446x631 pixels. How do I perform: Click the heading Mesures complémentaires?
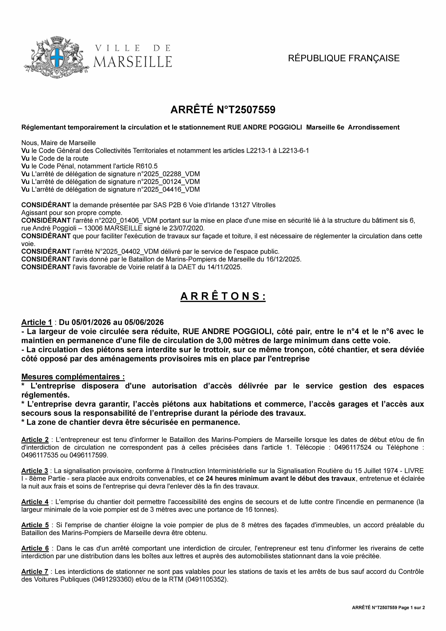click(x=73, y=376)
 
